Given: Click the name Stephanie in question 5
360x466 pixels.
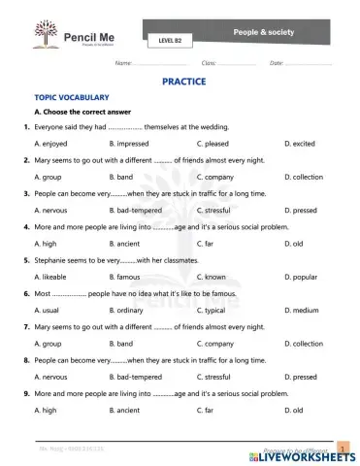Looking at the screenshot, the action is [50, 260].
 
